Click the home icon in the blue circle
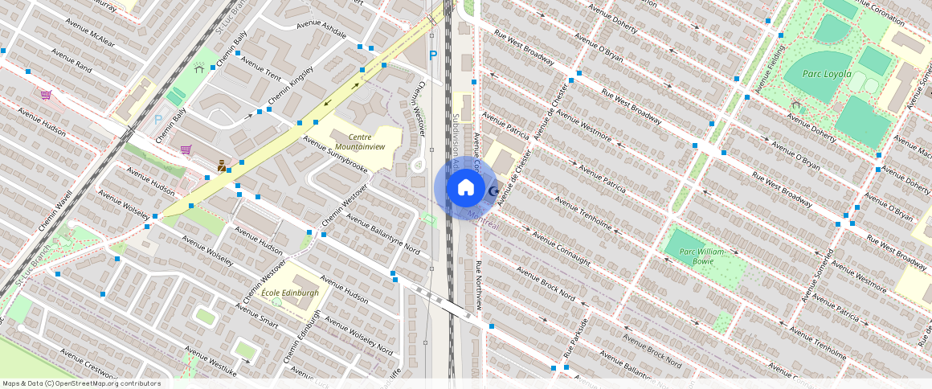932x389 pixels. [x=465, y=188]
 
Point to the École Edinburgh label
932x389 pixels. [x=290, y=293]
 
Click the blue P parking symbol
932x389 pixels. [x=433, y=55]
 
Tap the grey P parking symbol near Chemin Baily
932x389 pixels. [x=158, y=120]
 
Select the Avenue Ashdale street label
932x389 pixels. [x=321, y=29]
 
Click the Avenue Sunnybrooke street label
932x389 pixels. [x=335, y=154]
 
